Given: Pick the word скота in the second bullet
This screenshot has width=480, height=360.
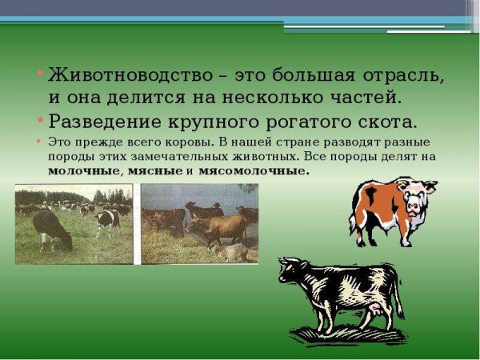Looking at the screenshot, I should (x=384, y=123).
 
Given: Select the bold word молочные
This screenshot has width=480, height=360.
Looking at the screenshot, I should (x=83, y=171).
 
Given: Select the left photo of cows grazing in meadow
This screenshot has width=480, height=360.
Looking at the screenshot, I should (x=74, y=223).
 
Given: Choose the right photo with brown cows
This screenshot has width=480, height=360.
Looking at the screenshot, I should (x=199, y=223).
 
